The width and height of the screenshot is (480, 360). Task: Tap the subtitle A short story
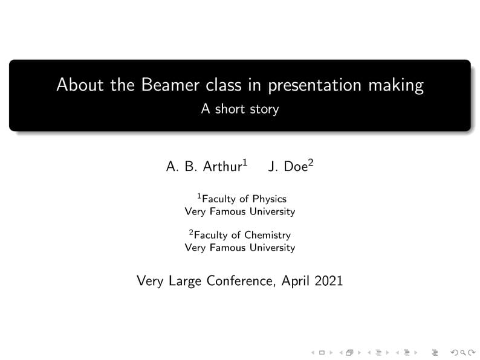pyautogui.click(x=240, y=109)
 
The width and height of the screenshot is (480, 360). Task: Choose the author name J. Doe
pyautogui.click(x=287, y=167)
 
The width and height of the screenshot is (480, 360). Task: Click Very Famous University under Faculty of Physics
pyautogui.click(x=240, y=211)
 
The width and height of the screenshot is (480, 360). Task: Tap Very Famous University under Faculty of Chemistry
pyautogui.click(x=240, y=248)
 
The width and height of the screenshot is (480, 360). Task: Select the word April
pyautogui.click(x=296, y=281)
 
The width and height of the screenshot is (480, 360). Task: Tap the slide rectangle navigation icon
pyautogui.click(x=322, y=352)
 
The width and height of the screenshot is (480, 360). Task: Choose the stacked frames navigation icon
pyautogui.click(x=349, y=352)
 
